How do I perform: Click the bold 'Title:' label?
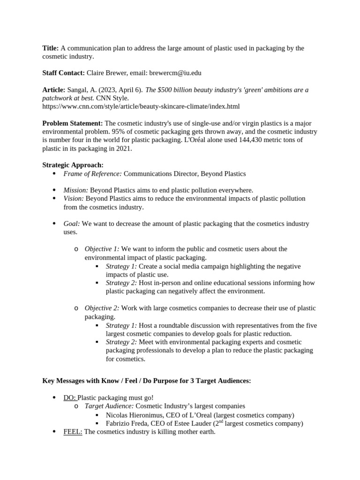point(50,48)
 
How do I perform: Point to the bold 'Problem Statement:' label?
point(72,123)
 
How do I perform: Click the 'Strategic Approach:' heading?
point(73,165)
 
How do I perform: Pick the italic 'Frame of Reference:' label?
point(92,173)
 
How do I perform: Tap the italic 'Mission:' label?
point(76,190)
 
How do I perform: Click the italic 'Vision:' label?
point(74,198)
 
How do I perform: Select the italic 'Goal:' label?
point(72,224)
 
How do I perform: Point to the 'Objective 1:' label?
point(102,249)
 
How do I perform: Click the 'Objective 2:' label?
point(102,308)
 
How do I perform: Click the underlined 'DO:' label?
point(70,397)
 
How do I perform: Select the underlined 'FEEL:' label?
point(73,432)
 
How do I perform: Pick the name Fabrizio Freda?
point(128,423)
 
